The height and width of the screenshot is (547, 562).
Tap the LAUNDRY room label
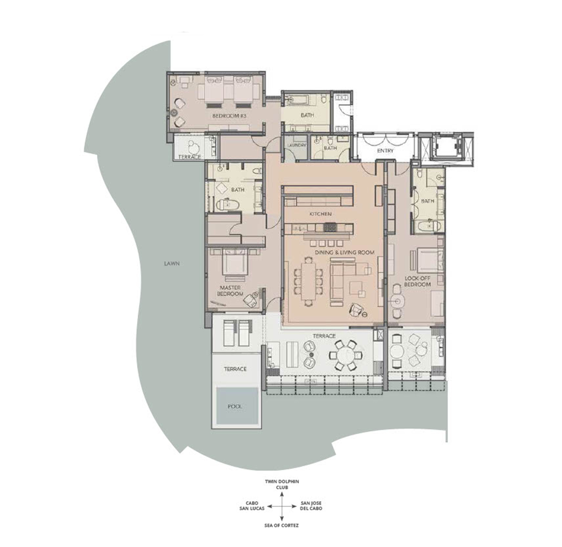click(x=297, y=145)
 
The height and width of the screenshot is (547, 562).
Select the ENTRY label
click(x=385, y=151)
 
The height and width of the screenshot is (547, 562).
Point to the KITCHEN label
click(x=320, y=214)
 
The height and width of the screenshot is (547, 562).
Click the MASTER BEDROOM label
click(x=230, y=291)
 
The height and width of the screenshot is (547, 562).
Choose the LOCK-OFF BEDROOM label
click(x=417, y=281)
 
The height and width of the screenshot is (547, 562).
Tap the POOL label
click(x=235, y=406)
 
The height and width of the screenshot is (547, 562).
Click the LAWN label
click(x=172, y=264)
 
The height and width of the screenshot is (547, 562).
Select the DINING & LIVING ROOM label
click(x=344, y=252)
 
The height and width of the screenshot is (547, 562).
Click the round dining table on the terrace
click(x=345, y=355)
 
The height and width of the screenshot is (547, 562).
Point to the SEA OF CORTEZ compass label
click(x=281, y=525)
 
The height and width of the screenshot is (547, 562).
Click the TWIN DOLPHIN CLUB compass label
click(x=282, y=484)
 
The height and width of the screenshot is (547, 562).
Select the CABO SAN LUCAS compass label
click(x=252, y=506)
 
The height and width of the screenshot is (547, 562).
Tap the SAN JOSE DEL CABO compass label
click(x=311, y=506)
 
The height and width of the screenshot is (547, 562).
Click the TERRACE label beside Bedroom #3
click(x=189, y=157)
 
